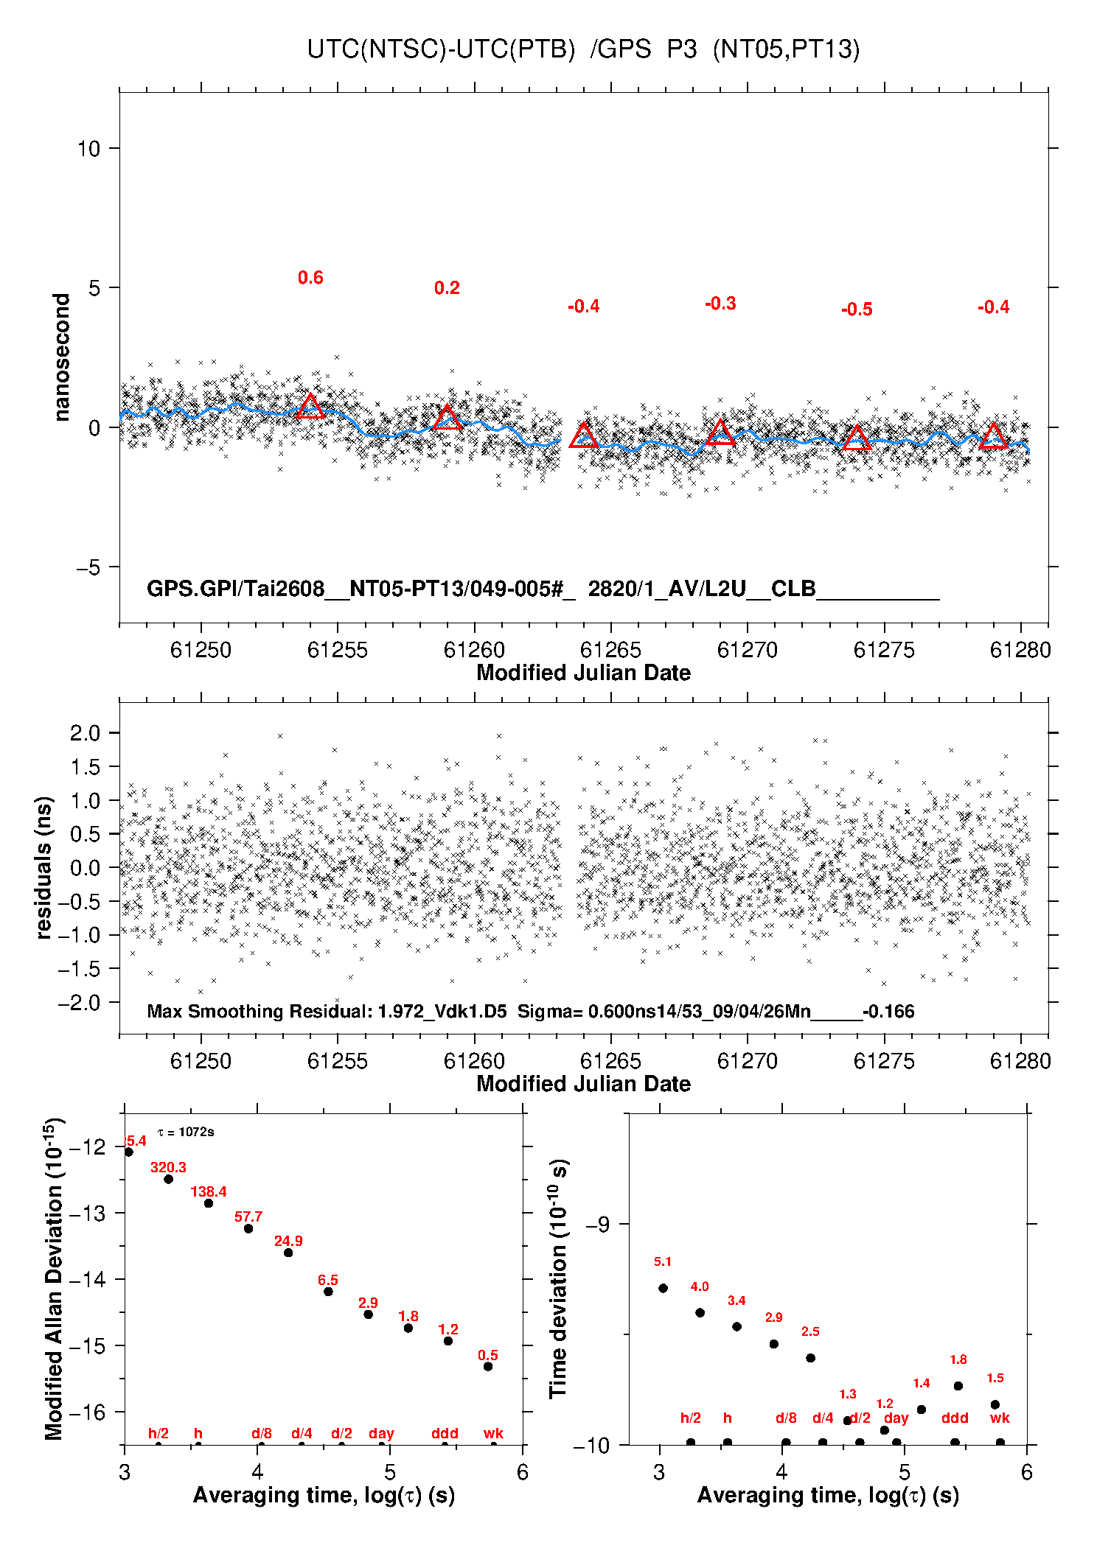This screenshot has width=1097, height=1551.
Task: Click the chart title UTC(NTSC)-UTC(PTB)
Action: pyautogui.click(x=441, y=49)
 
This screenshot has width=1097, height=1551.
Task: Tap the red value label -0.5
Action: pyautogui.click(x=857, y=309)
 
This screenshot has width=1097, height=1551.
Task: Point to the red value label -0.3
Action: pyautogui.click(x=720, y=304)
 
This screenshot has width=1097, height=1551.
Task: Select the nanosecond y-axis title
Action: pyautogui.click(x=61, y=357)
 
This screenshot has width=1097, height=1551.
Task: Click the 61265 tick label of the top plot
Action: pyautogui.click(x=610, y=650)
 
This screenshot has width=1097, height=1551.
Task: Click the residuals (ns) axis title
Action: pyautogui.click(x=44, y=867)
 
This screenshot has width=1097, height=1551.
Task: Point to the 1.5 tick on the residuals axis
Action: pyautogui.click(x=85, y=766)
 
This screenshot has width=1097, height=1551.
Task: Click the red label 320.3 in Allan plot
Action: pyautogui.click(x=168, y=1167)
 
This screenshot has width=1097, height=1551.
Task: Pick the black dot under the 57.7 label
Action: pyautogui.click(x=248, y=1228)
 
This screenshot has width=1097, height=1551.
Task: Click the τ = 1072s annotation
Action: pyautogui.click(x=186, y=1132)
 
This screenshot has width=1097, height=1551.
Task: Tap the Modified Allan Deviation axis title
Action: pyautogui.click(x=54, y=1279)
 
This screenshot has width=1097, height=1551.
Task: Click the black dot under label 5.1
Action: pyautogui.click(x=663, y=1288)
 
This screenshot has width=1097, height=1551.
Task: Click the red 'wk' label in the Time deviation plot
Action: pyautogui.click(x=1000, y=1418)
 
